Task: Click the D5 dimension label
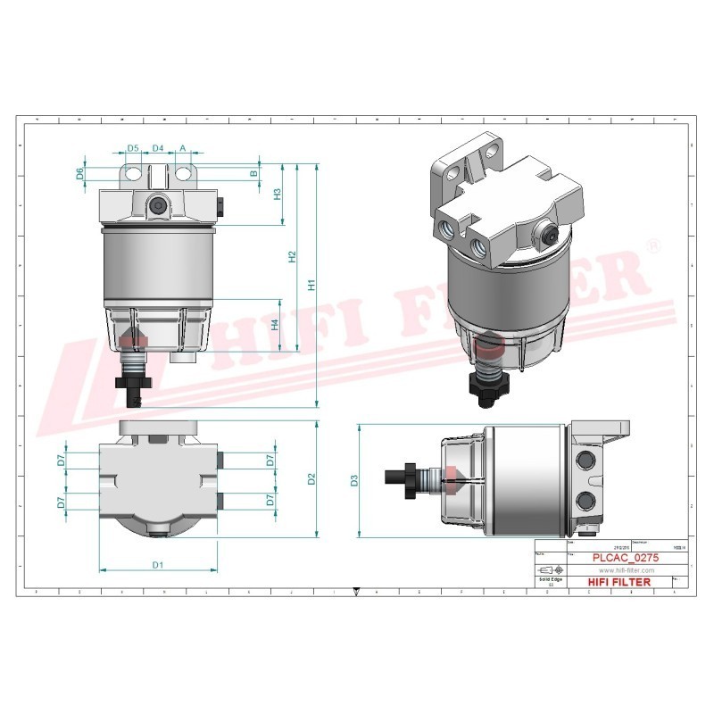click(132, 147)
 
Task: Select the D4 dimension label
click(158, 147)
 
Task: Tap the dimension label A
click(183, 147)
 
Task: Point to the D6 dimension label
click(79, 173)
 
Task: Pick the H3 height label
click(278, 194)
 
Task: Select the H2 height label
click(291, 256)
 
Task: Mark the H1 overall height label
click(311, 286)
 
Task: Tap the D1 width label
click(157, 564)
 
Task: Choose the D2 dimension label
click(311, 479)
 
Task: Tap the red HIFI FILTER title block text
click(620, 582)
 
